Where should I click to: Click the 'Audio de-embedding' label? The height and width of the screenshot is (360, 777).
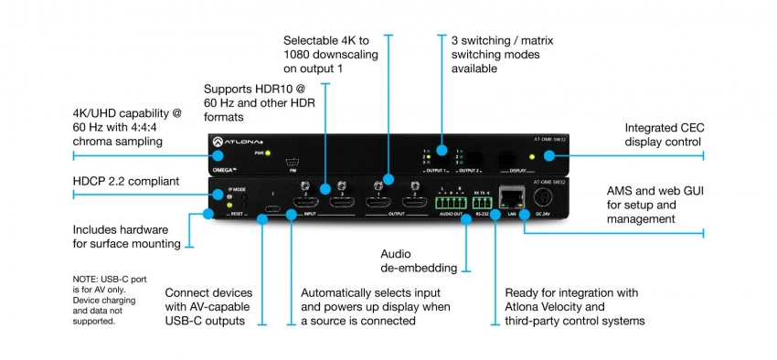(419, 259)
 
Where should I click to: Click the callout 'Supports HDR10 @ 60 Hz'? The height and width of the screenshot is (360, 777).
(247, 103)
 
